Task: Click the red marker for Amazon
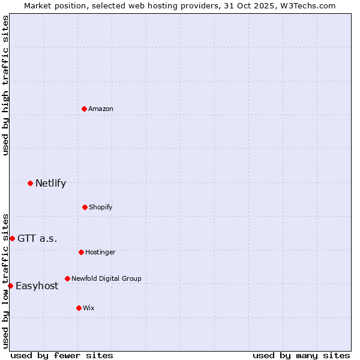point(85,109)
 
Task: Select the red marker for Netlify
point(30,183)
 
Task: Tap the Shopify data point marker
point(85,207)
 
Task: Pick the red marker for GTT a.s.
point(12,238)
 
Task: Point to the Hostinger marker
point(81,252)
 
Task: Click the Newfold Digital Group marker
point(67,278)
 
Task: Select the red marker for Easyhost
point(10,286)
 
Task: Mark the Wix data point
point(79,308)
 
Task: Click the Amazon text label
point(101,109)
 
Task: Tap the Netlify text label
point(51,183)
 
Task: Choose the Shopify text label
point(101,207)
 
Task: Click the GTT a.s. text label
point(38,238)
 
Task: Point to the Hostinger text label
point(100,252)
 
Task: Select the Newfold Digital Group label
point(106,278)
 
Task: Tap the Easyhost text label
point(37,286)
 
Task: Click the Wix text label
point(89,308)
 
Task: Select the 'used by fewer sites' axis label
point(62,355)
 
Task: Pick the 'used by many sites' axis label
point(301,355)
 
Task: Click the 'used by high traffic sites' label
point(5,85)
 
